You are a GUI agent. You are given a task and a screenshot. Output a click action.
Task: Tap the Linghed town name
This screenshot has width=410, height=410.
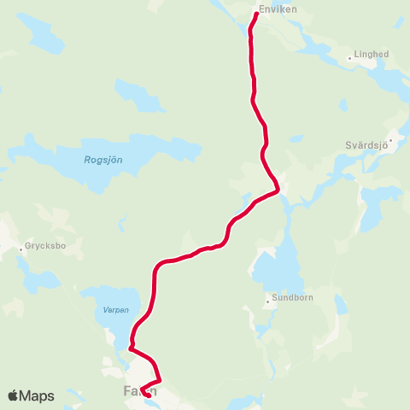370,55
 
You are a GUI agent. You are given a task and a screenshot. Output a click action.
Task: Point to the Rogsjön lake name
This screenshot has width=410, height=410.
102,159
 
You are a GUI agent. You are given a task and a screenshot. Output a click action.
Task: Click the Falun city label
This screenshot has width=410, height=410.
135,393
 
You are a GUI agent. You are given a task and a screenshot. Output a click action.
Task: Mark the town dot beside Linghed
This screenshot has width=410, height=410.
349,59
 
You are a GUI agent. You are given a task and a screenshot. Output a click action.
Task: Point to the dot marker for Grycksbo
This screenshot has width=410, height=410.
20,249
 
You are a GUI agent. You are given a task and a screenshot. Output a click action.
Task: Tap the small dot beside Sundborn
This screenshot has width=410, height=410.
266,300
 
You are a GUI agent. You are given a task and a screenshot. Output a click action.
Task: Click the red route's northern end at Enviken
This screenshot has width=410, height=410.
256,14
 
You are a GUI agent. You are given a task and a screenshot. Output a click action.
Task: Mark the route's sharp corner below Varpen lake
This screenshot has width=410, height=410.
130,348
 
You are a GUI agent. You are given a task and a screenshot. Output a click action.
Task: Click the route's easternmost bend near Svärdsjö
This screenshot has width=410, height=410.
278,190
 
